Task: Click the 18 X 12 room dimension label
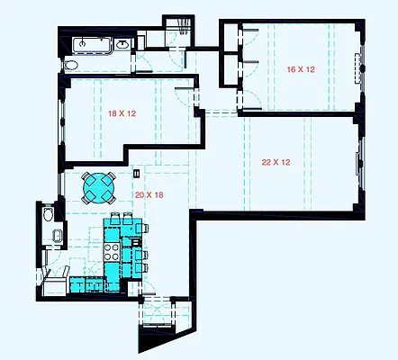pyautogui.click(x=121, y=114)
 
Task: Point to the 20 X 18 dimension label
pyautogui.click(x=149, y=195)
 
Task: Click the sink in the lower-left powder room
pyautogui.click(x=57, y=237)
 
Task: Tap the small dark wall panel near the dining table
pyautogui.click(x=136, y=173)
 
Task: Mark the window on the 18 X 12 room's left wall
pyautogui.click(x=62, y=121)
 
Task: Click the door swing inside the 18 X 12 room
pyautogui.click(x=185, y=97)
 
